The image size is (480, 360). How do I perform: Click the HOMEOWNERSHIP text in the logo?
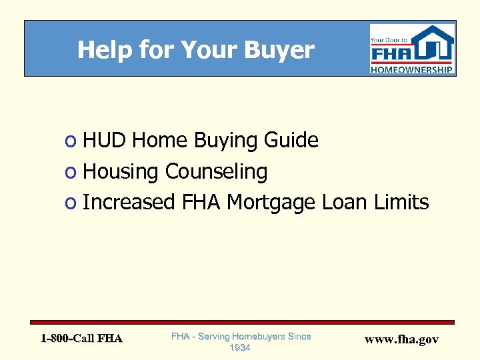[x=412, y=69]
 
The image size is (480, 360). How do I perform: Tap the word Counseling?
[x=216, y=172]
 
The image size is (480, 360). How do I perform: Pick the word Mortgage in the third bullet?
[x=271, y=203]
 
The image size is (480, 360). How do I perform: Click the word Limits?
[x=400, y=202]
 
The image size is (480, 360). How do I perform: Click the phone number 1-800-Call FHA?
[x=81, y=339]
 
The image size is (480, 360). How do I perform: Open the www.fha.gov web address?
[x=401, y=339]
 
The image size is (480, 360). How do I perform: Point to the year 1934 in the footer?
[x=241, y=348]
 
